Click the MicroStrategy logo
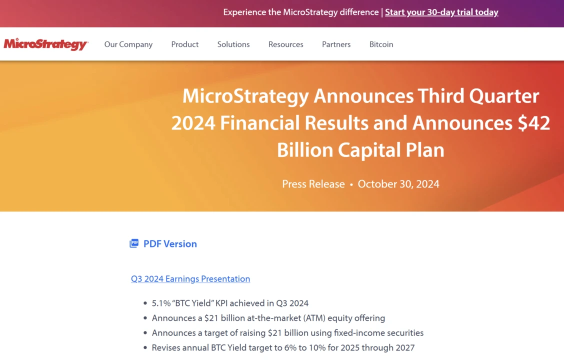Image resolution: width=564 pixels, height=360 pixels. (x=46, y=44)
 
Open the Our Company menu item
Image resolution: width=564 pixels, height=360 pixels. (x=128, y=44)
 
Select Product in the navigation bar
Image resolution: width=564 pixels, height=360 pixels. (x=185, y=44)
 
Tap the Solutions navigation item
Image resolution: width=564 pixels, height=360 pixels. (x=233, y=44)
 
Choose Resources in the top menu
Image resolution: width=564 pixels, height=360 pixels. (x=286, y=44)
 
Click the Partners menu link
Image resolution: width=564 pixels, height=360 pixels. (x=336, y=44)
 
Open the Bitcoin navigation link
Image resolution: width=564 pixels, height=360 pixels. (x=381, y=44)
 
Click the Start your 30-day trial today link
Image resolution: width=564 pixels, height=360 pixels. (x=441, y=12)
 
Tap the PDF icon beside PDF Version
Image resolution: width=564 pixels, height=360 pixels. (x=134, y=243)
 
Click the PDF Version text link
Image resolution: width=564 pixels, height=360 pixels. (x=170, y=244)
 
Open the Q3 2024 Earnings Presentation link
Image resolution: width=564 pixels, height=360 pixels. (x=190, y=279)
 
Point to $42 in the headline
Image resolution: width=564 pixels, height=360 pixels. (x=533, y=123)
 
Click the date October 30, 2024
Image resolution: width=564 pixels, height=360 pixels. (x=398, y=184)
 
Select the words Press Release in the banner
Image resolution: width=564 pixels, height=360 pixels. (x=313, y=184)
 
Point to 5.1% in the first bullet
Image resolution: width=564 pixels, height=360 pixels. (x=161, y=303)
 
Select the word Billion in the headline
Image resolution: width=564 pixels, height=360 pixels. (x=305, y=150)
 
